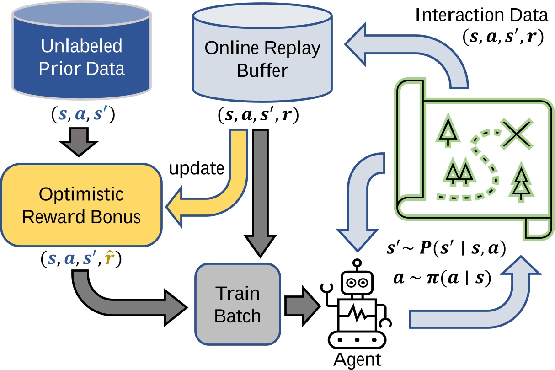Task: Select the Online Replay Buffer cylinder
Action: pyautogui.click(x=262, y=57)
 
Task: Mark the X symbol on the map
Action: pyautogui.click(x=516, y=133)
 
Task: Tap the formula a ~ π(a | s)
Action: pyautogui.click(x=442, y=278)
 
